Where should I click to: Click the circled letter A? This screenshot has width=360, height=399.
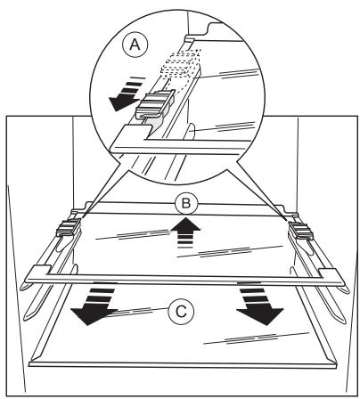[x=135, y=45]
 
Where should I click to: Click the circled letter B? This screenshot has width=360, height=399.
[x=186, y=204]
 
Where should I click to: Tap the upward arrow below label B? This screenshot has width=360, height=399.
[x=185, y=233]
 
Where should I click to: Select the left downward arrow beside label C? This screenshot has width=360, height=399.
[x=94, y=305]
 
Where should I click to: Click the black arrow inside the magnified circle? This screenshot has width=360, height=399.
[x=125, y=94]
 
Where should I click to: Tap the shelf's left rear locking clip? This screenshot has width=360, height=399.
[x=69, y=227]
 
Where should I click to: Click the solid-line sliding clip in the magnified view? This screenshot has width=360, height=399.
[x=154, y=104]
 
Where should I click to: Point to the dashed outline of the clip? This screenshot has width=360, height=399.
[x=181, y=66]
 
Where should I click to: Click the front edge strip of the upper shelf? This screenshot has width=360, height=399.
[x=184, y=281]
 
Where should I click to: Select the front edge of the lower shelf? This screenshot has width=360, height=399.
[x=183, y=364]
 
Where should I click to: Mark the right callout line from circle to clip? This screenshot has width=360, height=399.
[x=261, y=191]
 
